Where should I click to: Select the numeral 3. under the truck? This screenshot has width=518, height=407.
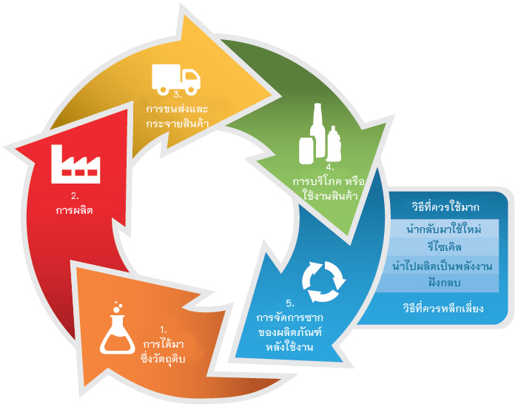pyautogui.click(x=178, y=95)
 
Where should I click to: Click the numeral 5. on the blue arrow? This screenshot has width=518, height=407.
pyautogui.click(x=290, y=303)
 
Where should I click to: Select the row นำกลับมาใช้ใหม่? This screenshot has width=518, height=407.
pyautogui.click(x=445, y=229)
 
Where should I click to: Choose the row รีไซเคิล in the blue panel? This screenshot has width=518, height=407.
pyautogui.click(x=445, y=247)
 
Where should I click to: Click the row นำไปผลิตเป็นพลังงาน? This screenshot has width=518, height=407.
pyautogui.click(x=445, y=265)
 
